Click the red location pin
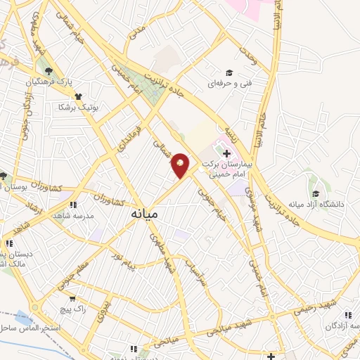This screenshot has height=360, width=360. [x=180, y=165]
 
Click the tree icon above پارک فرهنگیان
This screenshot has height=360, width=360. [x=49, y=71]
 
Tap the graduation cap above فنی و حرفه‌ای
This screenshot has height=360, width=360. [x=229, y=72]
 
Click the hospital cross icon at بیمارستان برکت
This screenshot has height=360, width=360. [x=226, y=153]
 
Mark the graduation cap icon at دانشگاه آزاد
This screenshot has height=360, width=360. [x=316, y=193]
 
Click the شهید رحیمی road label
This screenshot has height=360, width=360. [x=304, y=305]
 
